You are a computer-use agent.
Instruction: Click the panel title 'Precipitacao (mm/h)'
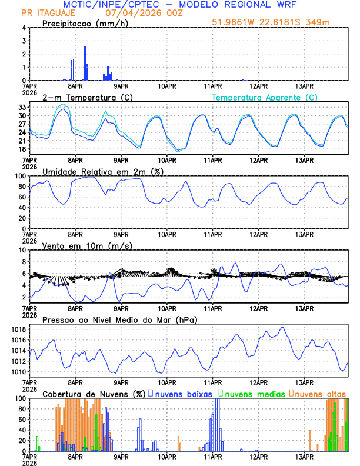pyautogui.click(x=81, y=23)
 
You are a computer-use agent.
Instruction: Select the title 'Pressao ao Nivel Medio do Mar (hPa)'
pyautogui.click(x=119, y=319)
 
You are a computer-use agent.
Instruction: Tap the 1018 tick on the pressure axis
pyautogui.click(x=16, y=329)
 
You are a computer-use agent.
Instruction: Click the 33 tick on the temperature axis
pyautogui.click(x=20, y=108)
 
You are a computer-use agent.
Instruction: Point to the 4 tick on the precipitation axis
pyautogui.click(x=24, y=28)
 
